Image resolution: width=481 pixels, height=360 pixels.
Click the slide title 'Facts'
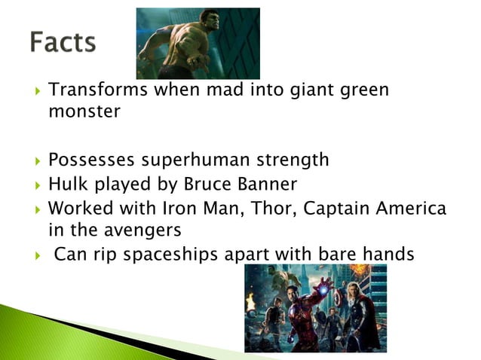pyautogui.click(x=63, y=42)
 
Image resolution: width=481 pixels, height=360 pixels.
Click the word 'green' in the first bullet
pyautogui.click(x=362, y=91)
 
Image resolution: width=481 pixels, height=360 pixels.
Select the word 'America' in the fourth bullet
pyautogui.click(x=413, y=208)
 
